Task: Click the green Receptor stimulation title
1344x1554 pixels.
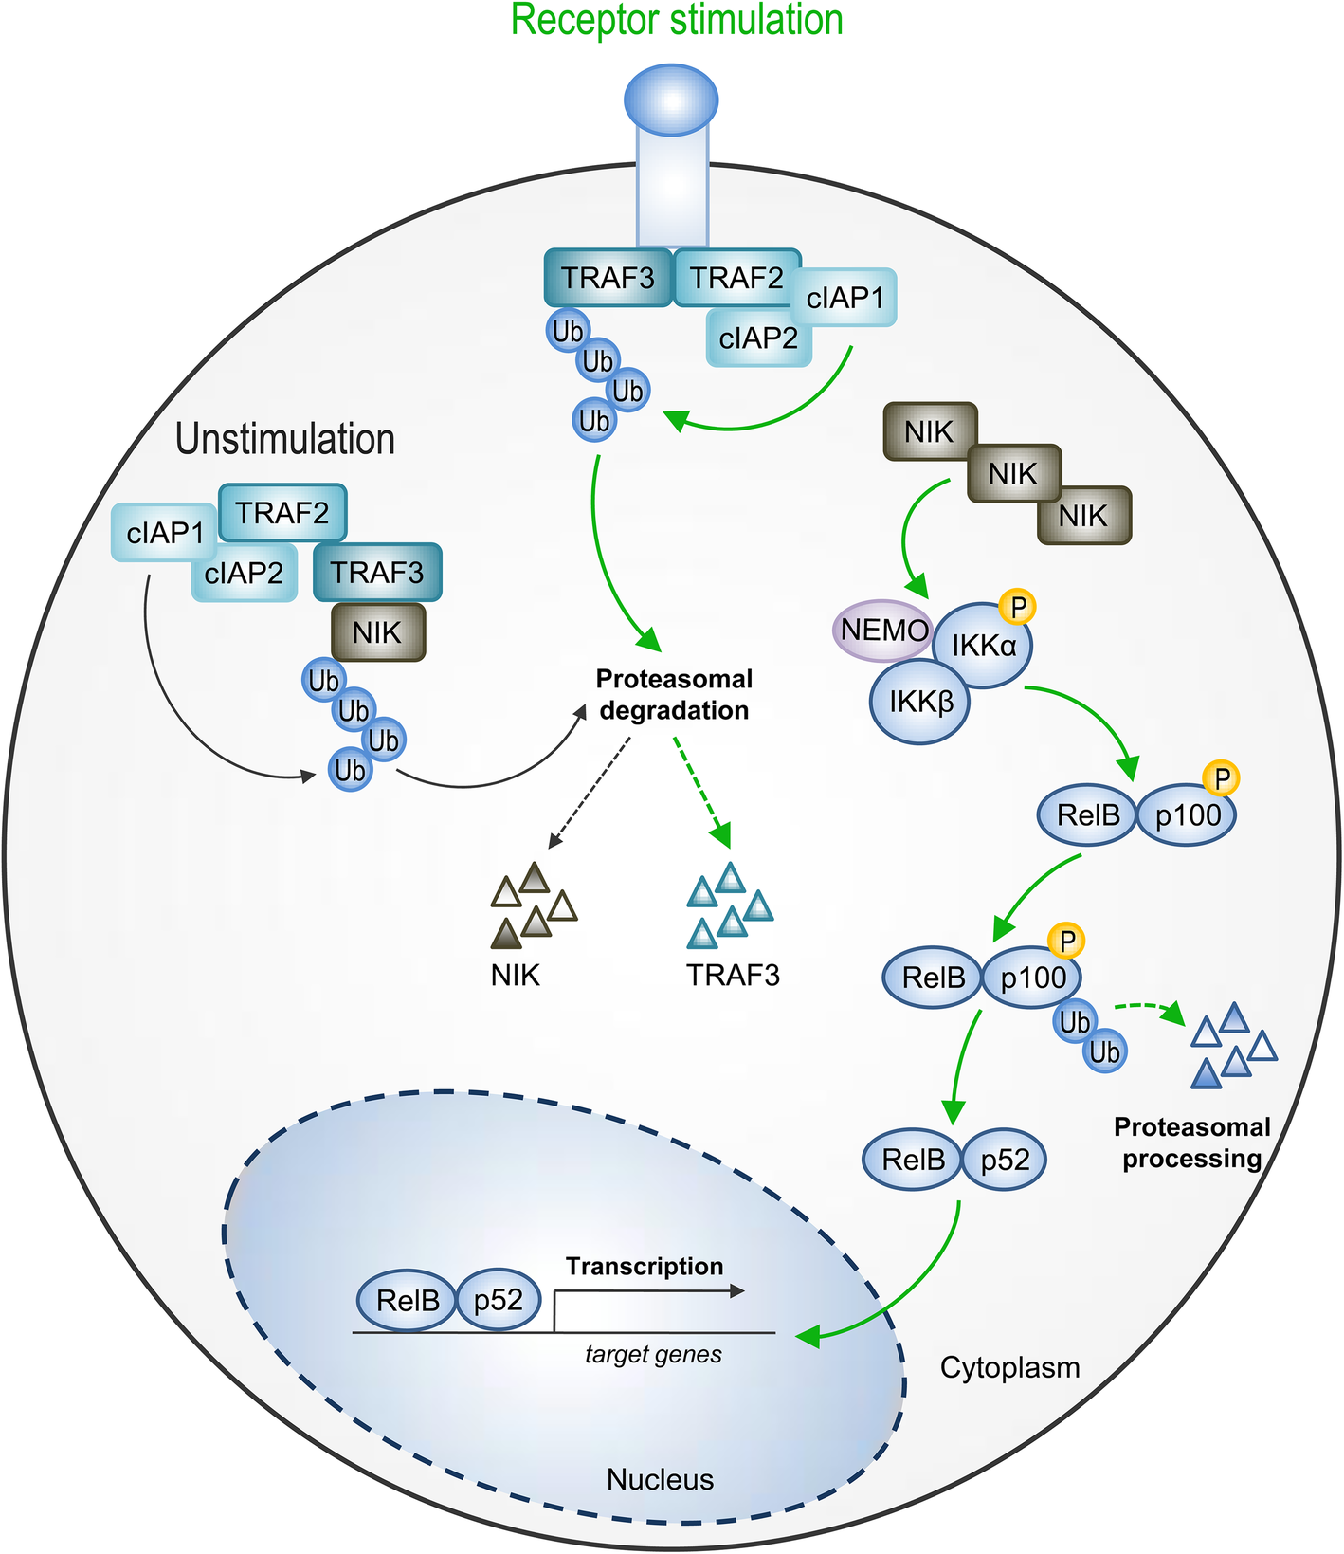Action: (677, 21)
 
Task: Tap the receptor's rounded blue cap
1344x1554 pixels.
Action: (671, 100)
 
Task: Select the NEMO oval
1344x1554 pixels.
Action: (881, 631)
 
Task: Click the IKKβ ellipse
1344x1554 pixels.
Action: (919, 703)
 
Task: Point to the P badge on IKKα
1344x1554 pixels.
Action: (1018, 607)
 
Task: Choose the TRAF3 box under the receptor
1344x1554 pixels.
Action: (608, 279)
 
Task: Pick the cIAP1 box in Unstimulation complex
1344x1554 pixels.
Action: (165, 533)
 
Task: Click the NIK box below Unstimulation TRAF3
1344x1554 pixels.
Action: (377, 632)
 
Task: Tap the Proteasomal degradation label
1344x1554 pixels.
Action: (674, 695)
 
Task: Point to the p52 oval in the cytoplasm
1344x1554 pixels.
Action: (1004, 1160)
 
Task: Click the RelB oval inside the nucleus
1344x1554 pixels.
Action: (408, 1301)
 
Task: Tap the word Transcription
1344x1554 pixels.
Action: (645, 1267)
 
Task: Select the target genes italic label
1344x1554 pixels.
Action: (653, 1355)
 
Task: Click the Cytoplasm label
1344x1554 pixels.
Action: (1009, 1368)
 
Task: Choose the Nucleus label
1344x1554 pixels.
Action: (660, 1480)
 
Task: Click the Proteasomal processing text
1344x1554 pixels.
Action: (1191, 1143)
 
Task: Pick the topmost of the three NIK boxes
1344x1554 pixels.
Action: (929, 432)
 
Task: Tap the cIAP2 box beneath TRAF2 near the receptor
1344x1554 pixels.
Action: (758, 338)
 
